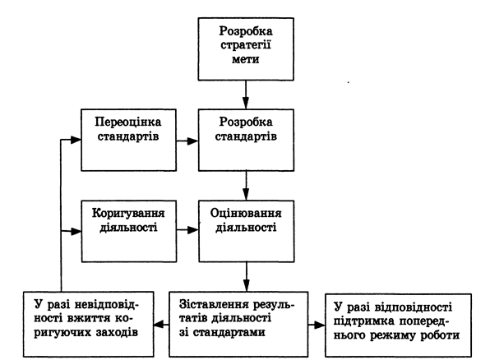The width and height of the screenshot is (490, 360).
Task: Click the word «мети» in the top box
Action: click(x=246, y=59)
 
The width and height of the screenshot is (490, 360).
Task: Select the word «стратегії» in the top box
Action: click(x=246, y=45)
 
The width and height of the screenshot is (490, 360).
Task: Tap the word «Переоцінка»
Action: click(x=128, y=122)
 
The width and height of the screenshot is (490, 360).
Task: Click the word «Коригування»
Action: click(x=128, y=214)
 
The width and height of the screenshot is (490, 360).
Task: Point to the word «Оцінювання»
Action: click(x=246, y=214)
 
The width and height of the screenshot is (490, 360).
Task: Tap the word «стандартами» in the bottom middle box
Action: click(x=229, y=332)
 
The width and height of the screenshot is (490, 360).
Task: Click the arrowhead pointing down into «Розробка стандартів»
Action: click(x=246, y=103)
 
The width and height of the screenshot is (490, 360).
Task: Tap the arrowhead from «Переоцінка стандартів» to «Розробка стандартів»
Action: click(x=192, y=141)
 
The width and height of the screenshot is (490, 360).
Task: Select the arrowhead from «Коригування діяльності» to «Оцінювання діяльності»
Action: click(x=193, y=230)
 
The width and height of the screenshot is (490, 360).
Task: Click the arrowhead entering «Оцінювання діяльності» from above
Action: click(x=246, y=194)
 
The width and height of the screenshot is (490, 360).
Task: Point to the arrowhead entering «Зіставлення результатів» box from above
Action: click(x=247, y=286)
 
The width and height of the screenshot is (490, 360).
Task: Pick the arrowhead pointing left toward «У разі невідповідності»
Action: click(x=159, y=325)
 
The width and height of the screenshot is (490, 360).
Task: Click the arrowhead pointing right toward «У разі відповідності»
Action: click(x=319, y=325)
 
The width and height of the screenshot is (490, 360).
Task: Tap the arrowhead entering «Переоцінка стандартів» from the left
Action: click(x=76, y=140)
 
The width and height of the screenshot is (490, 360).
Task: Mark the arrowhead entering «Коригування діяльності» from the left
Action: click(x=76, y=232)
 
